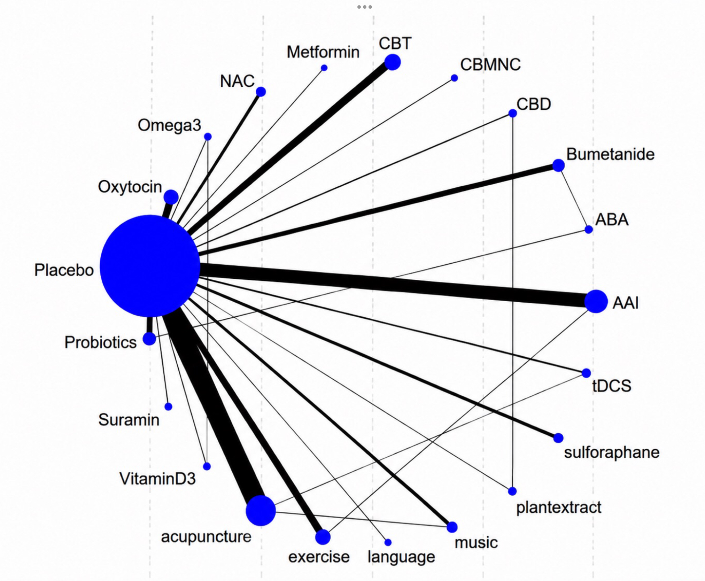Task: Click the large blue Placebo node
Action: pos(150,266)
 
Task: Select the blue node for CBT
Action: pos(393,62)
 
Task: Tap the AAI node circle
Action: pos(596,301)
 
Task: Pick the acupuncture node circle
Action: pos(261,511)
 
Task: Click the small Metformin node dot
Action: pos(324,68)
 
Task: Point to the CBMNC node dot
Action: pos(454,78)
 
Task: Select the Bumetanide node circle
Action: pos(558,165)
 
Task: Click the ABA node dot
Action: pos(589,230)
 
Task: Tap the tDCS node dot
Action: pos(586,373)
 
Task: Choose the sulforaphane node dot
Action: pos(558,438)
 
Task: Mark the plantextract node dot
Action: pos(512,491)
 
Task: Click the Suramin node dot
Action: pos(168,406)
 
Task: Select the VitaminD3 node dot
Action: pos(207,466)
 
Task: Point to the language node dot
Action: pos(388,542)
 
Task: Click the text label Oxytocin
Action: pos(130,187)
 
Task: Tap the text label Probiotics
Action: pos(100,342)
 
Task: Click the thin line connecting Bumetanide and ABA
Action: pos(574,197)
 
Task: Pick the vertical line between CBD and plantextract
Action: pos(512,302)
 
